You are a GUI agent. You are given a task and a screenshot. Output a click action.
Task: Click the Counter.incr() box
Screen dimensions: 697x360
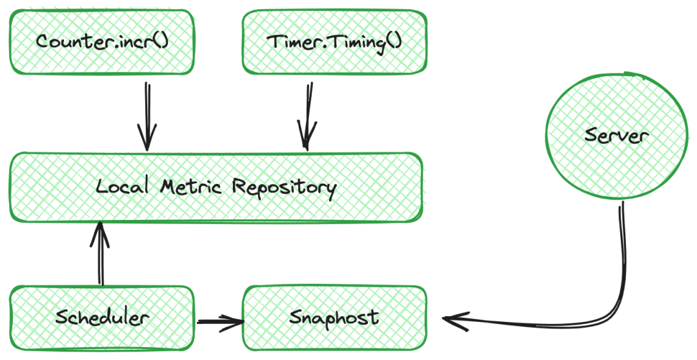pyautogui.click(x=102, y=42)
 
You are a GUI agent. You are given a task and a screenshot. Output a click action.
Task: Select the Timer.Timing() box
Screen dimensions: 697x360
pyautogui.click(x=334, y=42)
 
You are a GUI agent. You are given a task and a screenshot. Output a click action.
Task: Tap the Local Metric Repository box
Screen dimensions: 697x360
pyautogui.click(x=216, y=187)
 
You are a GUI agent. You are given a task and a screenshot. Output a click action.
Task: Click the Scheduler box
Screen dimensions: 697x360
pyautogui.click(x=102, y=318)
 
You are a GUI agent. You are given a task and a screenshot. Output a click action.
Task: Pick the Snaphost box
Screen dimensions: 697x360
pyautogui.click(x=334, y=318)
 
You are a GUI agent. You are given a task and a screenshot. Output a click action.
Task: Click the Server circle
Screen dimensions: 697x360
pyautogui.click(x=616, y=135)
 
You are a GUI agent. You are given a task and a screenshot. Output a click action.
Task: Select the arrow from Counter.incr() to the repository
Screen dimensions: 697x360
pyautogui.click(x=148, y=116)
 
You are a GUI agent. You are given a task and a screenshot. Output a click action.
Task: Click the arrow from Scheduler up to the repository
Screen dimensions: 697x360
pyautogui.click(x=100, y=253)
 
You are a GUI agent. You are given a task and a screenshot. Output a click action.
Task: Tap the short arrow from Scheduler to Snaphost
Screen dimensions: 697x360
pyautogui.click(x=221, y=322)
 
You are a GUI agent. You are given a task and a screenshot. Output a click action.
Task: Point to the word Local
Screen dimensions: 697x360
pyautogui.click(x=122, y=185)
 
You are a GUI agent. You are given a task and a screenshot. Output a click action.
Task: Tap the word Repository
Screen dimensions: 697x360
pyautogui.click(x=284, y=188)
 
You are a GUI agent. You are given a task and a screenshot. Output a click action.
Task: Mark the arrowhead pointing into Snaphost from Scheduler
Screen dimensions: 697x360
pyautogui.click(x=235, y=323)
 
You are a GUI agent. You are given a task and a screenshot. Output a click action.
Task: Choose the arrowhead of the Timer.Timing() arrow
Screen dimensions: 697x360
pyautogui.click(x=307, y=136)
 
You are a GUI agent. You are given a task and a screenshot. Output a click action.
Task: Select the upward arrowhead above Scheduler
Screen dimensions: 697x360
pyautogui.click(x=100, y=234)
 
